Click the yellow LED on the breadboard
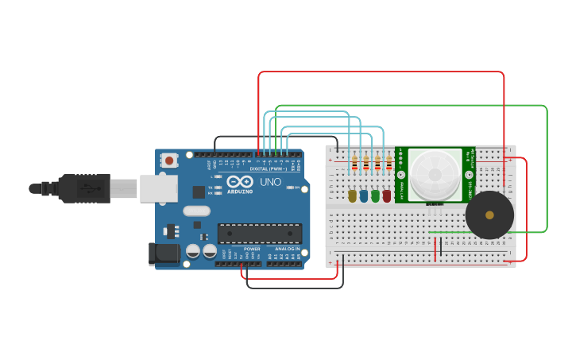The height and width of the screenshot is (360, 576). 352,195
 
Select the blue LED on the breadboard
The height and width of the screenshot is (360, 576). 364,195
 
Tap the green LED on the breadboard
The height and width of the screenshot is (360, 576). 375,195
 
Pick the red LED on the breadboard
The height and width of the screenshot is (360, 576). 387,195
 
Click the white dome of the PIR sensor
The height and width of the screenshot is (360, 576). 435,173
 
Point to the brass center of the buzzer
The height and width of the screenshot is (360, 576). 489,215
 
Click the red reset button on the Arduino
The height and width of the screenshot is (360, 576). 168,161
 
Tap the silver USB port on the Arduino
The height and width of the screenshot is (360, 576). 158,188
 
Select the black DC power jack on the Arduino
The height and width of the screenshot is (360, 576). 164,254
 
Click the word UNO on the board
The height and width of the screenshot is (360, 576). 270,182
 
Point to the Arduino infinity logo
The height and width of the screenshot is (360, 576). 240,182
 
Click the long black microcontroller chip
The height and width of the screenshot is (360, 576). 260,233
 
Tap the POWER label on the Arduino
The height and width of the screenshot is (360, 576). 253,249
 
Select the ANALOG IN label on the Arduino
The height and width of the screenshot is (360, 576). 288,249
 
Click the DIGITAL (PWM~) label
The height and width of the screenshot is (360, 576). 269,168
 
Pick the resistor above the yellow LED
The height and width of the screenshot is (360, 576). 354,165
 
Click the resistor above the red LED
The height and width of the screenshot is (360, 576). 389,165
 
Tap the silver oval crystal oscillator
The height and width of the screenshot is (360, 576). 196,211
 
